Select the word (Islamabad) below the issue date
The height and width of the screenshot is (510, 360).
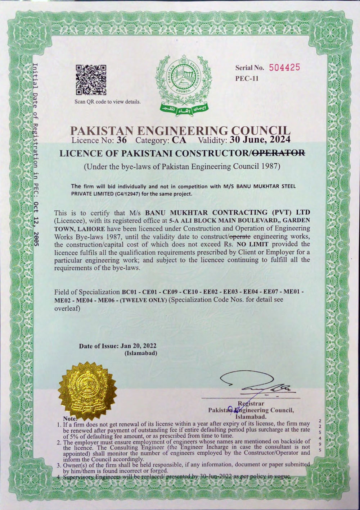pyautogui.click(x=140, y=353)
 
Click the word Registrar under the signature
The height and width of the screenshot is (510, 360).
pyautogui.click(x=248, y=403)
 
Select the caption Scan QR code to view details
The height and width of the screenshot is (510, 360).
pyautogui.click(x=107, y=101)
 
